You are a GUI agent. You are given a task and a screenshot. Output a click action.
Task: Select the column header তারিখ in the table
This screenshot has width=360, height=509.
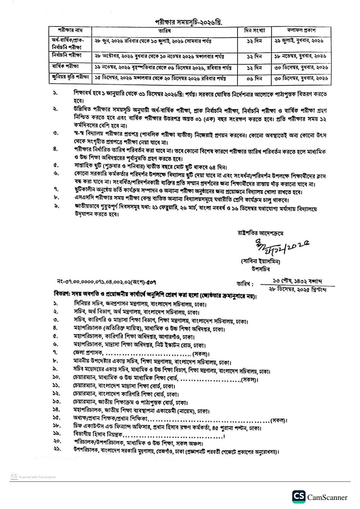(164, 31)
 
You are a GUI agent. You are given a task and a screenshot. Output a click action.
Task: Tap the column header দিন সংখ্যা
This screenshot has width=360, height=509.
(254, 31)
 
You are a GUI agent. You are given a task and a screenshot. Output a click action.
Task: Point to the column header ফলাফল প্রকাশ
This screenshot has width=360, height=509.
(301, 30)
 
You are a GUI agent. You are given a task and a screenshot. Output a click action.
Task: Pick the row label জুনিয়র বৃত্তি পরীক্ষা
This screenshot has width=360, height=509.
(70, 77)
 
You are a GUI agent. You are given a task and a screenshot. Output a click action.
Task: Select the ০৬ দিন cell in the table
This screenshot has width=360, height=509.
(254, 79)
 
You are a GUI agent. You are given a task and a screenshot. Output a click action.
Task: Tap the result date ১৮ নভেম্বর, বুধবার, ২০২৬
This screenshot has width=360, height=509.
(300, 56)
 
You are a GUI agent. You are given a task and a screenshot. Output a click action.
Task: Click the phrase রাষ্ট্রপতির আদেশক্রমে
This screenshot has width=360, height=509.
(260, 233)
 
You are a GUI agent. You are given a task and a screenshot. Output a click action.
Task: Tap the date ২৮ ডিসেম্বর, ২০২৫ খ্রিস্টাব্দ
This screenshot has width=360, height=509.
(297, 290)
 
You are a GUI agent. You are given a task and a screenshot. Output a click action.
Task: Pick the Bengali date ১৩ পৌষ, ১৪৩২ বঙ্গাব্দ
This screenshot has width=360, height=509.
(297, 281)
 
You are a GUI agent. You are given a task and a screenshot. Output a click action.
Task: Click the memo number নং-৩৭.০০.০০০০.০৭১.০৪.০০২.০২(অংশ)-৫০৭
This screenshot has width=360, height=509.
(106, 282)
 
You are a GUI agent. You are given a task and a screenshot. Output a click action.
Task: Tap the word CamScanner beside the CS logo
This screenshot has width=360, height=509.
(327, 497)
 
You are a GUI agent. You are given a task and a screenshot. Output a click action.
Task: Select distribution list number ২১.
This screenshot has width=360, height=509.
(57, 449)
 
